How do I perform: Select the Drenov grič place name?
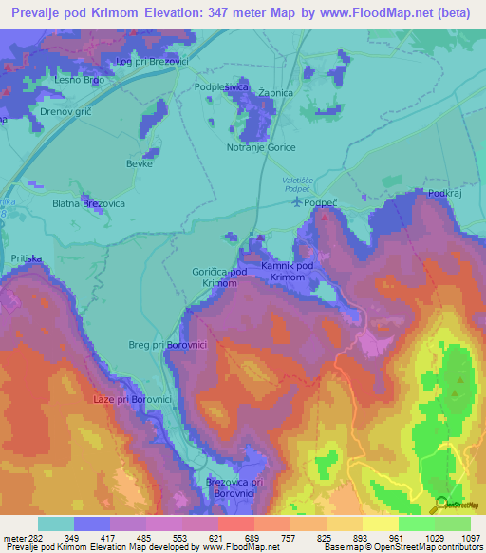click(x=64, y=112)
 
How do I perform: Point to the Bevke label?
click(x=140, y=163)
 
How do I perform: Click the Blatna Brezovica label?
click(x=88, y=203)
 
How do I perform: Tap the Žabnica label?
click(x=274, y=93)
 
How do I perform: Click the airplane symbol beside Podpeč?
click(x=301, y=201)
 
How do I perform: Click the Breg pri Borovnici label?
click(x=155, y=346)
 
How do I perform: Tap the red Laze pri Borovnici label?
click(x=132, y=399)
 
